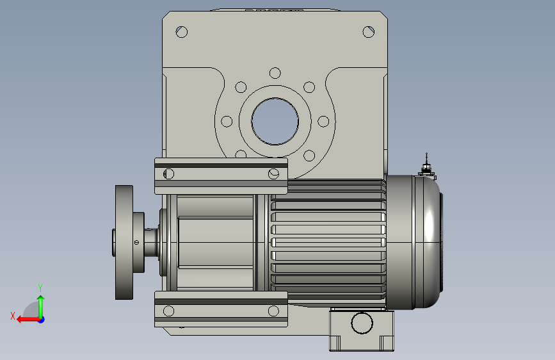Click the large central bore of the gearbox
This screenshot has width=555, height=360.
[275, 121]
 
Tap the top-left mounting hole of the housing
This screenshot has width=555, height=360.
[182, 32]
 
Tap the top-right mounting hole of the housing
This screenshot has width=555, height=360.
[369, 32]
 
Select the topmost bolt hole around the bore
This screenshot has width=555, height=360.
[275, 73]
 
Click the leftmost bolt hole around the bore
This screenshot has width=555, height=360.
[227, 121]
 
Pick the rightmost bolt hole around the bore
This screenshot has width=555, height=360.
[323, 121]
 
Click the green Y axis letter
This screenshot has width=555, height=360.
[40, 288]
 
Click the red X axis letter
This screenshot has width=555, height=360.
[13, 316]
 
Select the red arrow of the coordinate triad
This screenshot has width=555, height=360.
[28, 320]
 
